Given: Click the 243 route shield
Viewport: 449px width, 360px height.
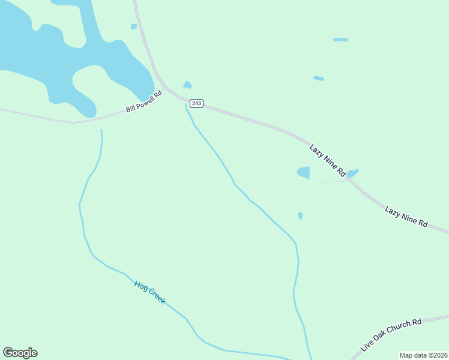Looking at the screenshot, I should tap(197, 104).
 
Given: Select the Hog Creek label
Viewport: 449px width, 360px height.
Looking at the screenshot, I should tap(149, 292).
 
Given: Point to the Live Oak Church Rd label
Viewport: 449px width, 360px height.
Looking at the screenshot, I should tap(391, 335).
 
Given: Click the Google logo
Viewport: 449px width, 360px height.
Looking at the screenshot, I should tap(20, 353).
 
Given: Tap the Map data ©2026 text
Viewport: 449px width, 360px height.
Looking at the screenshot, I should tap(423, 355).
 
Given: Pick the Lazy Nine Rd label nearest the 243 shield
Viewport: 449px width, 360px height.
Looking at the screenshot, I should tap(328, 160).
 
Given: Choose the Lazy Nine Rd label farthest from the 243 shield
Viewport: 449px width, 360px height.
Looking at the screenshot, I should tap(406, 217).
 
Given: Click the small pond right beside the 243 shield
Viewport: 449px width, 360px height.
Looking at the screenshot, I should tap(187, 85).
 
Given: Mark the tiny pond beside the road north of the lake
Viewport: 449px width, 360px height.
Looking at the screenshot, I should tap(133, 26).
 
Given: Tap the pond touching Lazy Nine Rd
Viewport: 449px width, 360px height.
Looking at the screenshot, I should tap(352, 173).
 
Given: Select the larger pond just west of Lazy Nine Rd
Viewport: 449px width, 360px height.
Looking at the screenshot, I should tap(303, 173).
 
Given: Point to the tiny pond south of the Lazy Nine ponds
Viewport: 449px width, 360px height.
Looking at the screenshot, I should tap(300, 215).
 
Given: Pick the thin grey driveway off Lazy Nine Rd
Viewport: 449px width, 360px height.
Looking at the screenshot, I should tap(334, 182).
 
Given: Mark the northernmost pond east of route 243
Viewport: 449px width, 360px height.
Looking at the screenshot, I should tap(340, 40).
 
